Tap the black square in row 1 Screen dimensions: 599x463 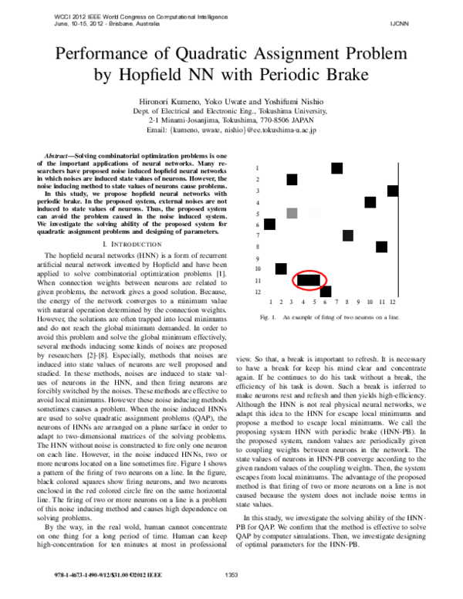(x=336, y=168)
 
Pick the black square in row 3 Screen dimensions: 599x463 (x=393, y=191)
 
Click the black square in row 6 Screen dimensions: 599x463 (x=269, y=224)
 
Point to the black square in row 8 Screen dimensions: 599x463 (x=381, y=247)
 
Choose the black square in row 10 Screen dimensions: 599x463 (x=281, y=269)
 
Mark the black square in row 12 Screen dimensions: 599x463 (x=326, y=292)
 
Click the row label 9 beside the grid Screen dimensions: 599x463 (x=258, y=259)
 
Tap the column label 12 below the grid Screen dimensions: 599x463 (x=393, y=303)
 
